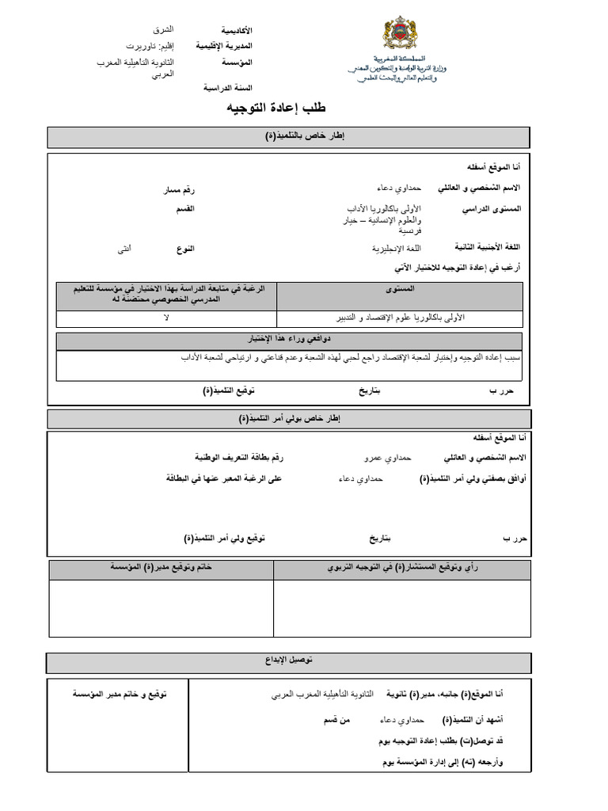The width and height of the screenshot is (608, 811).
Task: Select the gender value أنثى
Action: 124,249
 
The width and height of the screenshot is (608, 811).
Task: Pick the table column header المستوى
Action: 399,291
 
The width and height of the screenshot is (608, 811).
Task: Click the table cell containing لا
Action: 166,318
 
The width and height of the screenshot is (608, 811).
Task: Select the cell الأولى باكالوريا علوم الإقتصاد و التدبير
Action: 399,318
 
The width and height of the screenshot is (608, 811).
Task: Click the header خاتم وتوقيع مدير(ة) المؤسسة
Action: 161,569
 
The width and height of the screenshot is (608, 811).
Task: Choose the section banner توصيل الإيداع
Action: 289,660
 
